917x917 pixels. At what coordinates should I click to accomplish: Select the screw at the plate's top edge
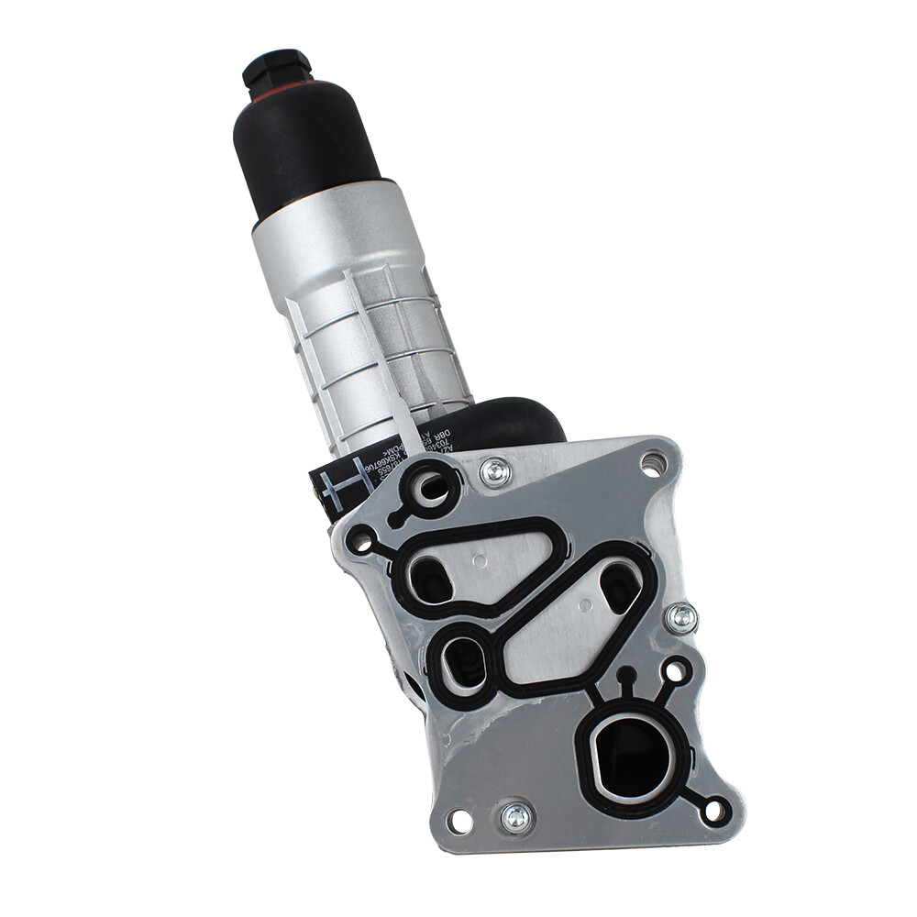coord(496,472)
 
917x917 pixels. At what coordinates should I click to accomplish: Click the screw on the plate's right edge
coord(681,618)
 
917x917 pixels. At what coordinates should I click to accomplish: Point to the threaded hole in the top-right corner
coord(652,463)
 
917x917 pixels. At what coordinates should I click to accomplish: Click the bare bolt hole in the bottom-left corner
coord(459,822)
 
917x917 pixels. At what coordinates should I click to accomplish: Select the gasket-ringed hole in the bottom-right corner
coord(715,811)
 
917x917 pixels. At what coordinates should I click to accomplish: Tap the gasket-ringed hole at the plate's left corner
coord(360,540)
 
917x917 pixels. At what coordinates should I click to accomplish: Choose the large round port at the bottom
coord(634,757)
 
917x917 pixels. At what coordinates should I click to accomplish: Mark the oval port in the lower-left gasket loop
coord(467,660)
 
